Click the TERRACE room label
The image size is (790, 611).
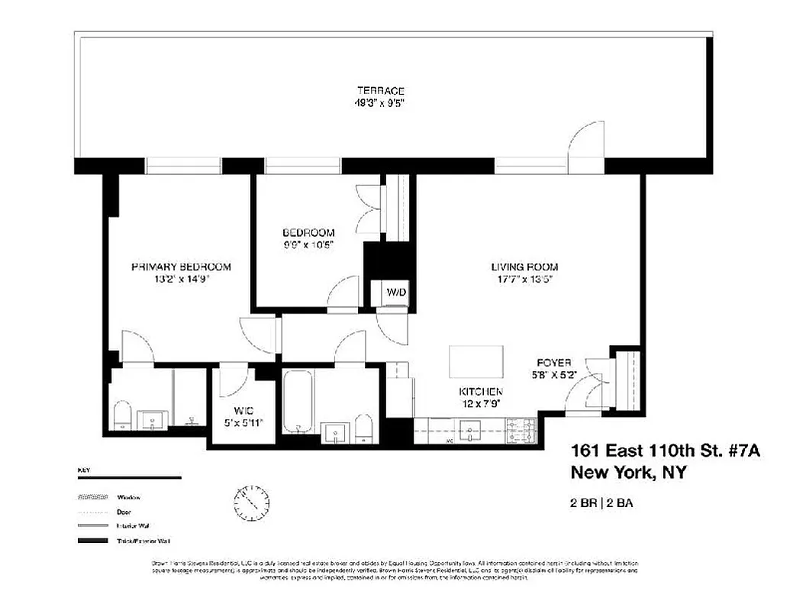coord(379,90)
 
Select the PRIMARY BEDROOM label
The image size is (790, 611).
coord(181,267)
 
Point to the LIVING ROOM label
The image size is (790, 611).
coord(524,267)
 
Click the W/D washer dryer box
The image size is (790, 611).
coord(395,293)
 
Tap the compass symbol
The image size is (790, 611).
coord(251,501)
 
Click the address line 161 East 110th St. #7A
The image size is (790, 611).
coord(666,451)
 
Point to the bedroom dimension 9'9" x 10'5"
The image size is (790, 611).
coord(308,244)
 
